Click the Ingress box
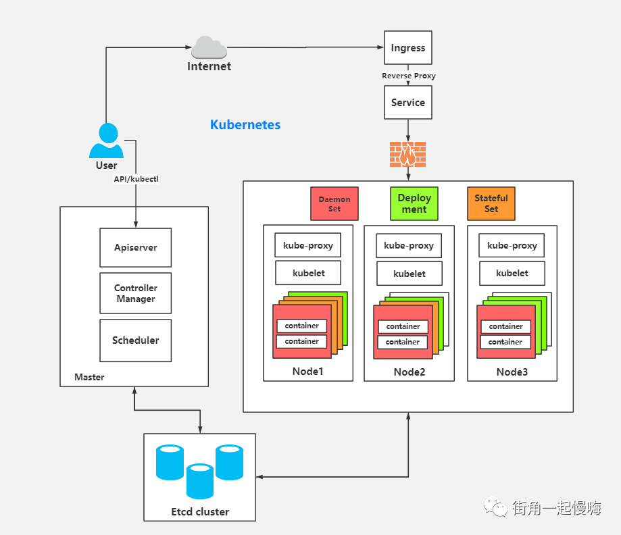(408, 48)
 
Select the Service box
(408, 103)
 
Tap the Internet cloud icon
(209, 47)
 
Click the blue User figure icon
(106, 141)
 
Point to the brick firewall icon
(408, 155)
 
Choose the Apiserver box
(135, 247)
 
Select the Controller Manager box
(135, 293)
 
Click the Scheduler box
(135, 340)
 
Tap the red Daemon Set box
(334, 204)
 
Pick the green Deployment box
(414, 204)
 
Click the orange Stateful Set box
(491, 204)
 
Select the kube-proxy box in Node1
(308, 245)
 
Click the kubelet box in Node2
(409, 274)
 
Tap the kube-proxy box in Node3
(512, 245)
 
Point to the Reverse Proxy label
(409, 76)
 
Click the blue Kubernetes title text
(245, 125)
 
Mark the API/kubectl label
(136, 179)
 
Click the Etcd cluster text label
(200, 511)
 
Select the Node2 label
(409, 372)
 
